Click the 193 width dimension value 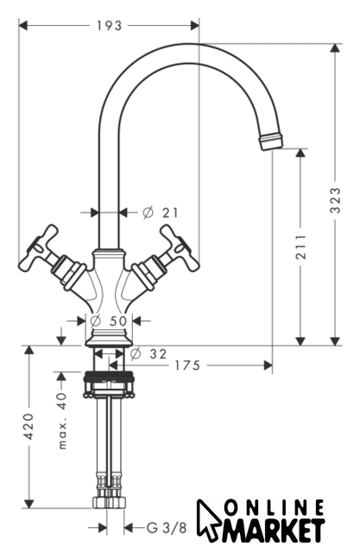point(109,25)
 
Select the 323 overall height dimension point(335,200)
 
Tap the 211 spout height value point(300,246)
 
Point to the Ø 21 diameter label point(161,213)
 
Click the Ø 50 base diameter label point(109,321)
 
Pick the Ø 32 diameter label point(148,353)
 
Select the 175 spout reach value point(187,365)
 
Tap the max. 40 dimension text point(61,420)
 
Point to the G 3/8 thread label point(167,528)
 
